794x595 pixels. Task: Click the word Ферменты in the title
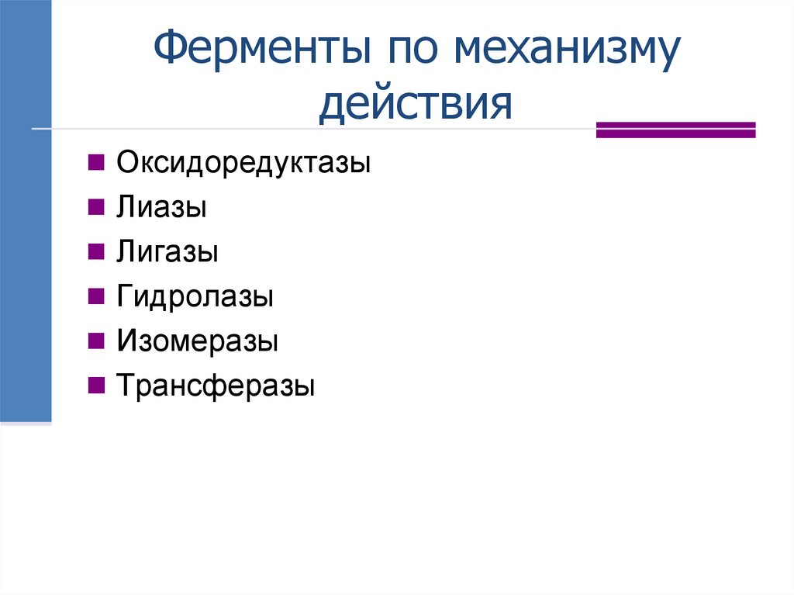coord(257,52)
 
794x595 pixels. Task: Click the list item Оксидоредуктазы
coord(243,164)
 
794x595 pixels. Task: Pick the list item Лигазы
coord(167,252)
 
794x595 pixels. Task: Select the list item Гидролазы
coord(195,297)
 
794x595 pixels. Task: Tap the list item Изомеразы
coord(198,341)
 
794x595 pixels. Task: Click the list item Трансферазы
coord(216,386)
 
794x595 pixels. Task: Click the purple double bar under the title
coord(675,130)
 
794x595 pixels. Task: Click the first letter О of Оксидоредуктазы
coord(127,164)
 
